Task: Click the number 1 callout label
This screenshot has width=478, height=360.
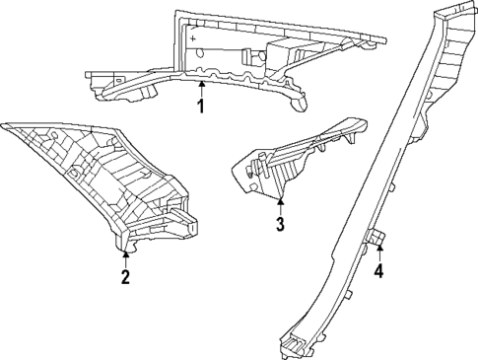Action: (x=200, y=106)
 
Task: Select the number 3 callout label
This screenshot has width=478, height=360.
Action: (x=280, y=225)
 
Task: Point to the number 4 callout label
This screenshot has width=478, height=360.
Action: (x=379, y=270)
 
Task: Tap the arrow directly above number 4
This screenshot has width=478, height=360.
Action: (x=379, y=252)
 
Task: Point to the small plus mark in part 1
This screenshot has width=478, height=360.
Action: (x=194, y=39)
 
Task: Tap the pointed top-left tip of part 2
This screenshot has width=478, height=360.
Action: (x=8, y=125)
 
